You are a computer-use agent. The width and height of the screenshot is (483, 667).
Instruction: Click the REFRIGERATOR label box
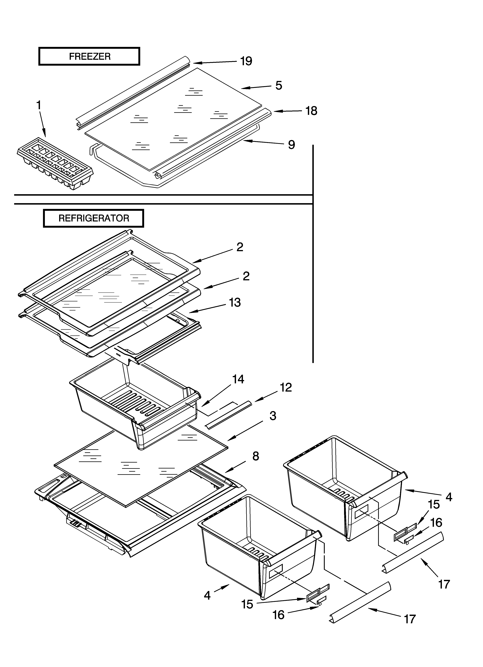[x=93, y=218]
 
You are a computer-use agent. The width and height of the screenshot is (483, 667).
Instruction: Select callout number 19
[x=246, y=61]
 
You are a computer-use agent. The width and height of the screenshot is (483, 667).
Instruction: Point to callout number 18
[x=311, y=111]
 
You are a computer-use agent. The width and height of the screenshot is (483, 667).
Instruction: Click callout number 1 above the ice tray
[x=39, y=105]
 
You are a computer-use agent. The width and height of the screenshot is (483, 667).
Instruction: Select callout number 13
[x=235, y=302]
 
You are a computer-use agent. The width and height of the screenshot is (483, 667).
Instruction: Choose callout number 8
[x=256, y=456]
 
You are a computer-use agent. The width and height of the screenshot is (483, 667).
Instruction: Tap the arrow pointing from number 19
[x=215, y=62]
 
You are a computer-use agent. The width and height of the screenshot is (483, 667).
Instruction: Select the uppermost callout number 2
[x=240, y=247]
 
